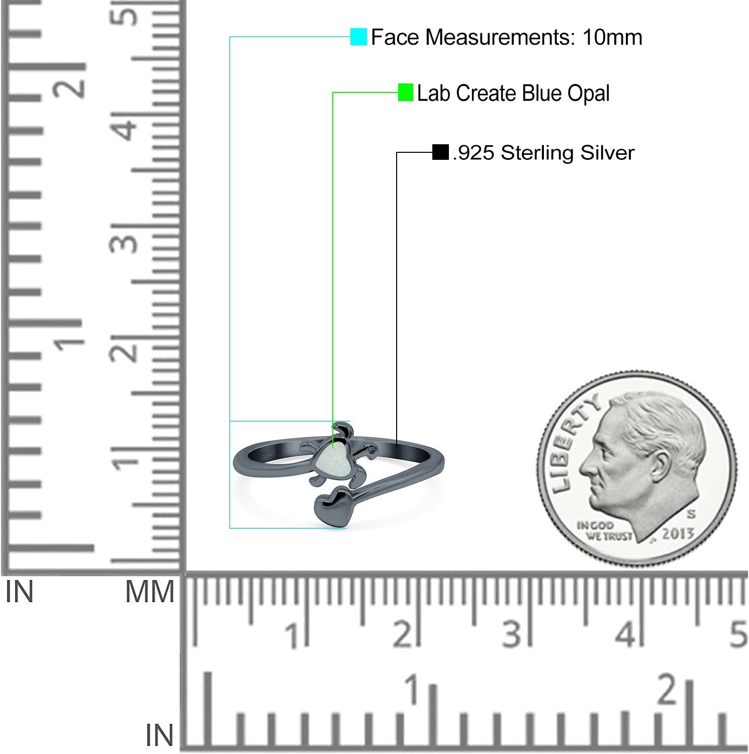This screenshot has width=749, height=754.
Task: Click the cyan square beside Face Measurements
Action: click(358, 37)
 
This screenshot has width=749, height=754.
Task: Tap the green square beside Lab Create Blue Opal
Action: click(405, 92)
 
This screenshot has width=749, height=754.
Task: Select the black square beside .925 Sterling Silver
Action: click(440, 152)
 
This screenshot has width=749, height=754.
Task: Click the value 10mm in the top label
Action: click(612, 37)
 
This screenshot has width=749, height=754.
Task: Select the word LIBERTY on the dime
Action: click(573, 442)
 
